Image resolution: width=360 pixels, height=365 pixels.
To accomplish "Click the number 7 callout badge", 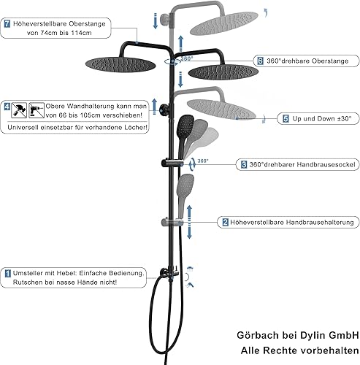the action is (7, 24).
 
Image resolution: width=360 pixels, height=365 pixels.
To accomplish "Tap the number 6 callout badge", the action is (260, 61).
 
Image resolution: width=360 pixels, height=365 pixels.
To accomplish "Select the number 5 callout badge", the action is (286, 119).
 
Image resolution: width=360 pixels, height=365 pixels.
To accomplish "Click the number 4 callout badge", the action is (7, 107).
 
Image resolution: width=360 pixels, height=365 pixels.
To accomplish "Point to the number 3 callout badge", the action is (244, 165).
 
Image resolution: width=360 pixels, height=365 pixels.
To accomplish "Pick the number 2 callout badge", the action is (226, 222).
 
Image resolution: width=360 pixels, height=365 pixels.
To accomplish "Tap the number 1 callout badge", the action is (8, 273).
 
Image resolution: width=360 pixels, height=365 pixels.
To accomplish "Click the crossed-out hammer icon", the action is (19, 110).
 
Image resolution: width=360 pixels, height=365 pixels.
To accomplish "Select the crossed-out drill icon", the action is (37, 110).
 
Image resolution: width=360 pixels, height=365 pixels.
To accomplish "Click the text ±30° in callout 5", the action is (345, 119).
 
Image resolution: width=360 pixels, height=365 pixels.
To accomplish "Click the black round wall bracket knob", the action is (164, 109).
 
